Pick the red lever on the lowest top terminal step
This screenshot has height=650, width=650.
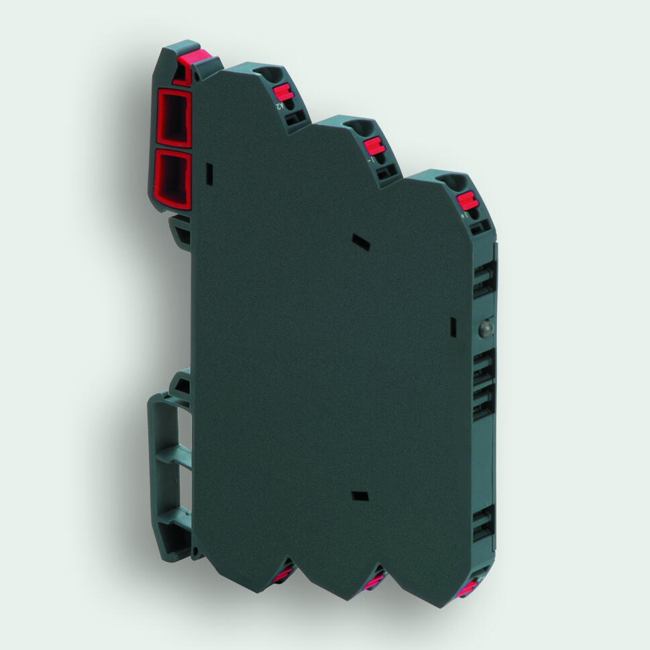(x=466, y=201)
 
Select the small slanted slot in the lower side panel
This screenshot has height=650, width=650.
(x=360, y=496)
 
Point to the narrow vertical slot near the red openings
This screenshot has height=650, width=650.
(x=209, y=174)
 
